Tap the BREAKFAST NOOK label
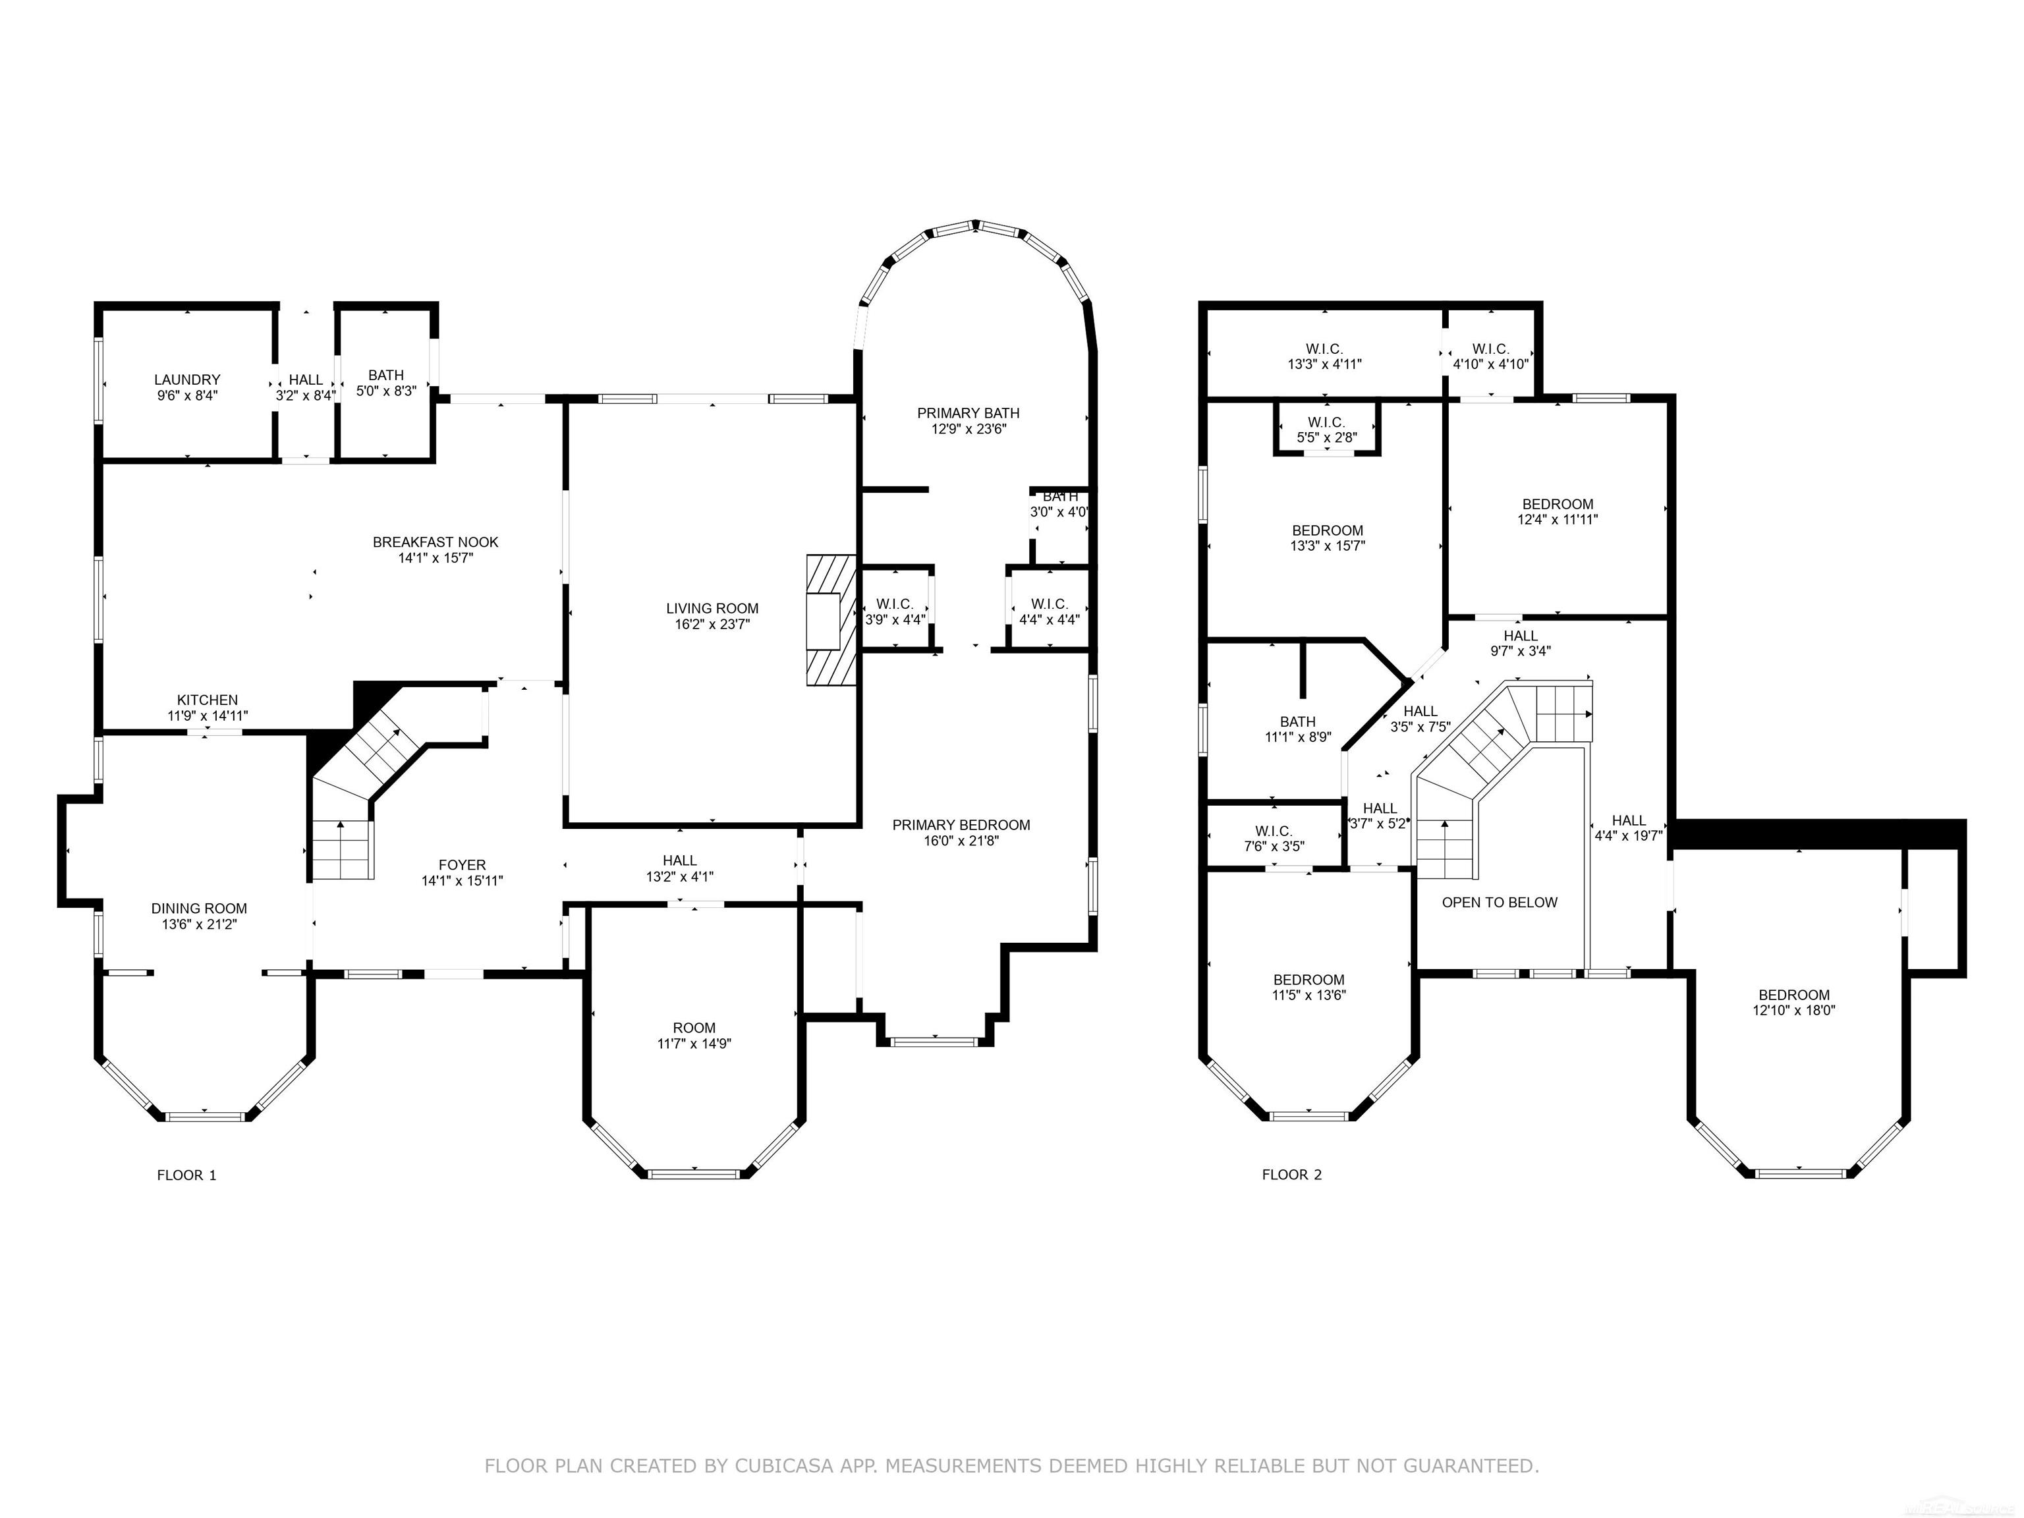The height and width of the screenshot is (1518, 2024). click(436, 543)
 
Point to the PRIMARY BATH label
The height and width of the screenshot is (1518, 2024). click(968, 414)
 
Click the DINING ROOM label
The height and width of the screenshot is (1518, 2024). click(200, 909)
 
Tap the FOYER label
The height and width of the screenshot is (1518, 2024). click(462, 864)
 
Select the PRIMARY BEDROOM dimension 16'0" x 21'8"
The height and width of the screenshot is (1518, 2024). click(961, 841)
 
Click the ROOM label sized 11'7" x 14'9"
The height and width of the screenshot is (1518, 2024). click(694, 1028)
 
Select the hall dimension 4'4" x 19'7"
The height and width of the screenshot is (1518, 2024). click(1629, 835)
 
